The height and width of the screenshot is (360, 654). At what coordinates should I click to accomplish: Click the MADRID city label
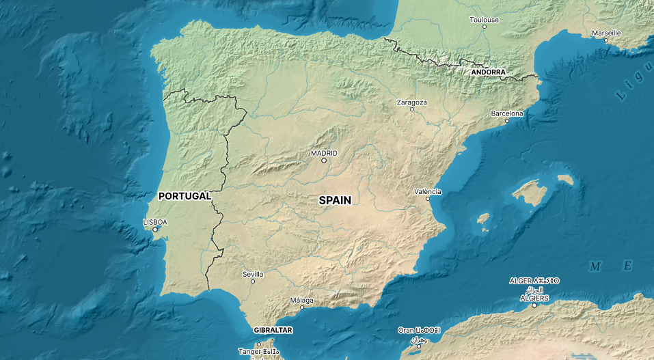tap(324, 153)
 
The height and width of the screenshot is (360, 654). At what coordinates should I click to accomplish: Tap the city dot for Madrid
tap(324, 161)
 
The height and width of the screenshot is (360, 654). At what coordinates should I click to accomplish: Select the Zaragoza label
tap(412, 102)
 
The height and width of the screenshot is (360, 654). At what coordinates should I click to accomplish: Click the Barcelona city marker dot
tap(507, 121)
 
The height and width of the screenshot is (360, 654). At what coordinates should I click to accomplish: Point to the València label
tap(428, 191)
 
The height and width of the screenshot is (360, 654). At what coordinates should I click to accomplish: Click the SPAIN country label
tap(335, 200)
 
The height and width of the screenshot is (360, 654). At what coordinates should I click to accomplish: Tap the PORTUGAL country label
tap(185, 196)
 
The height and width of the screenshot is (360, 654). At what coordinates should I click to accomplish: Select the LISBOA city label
tap(155, 222)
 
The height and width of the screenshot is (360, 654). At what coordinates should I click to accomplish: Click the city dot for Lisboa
tap(155, 230)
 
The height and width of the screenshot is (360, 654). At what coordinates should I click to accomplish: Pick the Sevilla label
tap(253, 274)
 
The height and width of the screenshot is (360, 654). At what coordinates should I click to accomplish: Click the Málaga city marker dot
tap(301, 307)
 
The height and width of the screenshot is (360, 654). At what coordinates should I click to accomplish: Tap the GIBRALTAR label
tap(273, 330)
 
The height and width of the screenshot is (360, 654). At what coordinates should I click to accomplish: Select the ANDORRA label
tap(488, 72)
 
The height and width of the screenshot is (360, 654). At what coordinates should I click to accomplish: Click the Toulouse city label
tap(484, 20)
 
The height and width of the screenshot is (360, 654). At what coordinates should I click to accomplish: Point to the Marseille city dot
tap(605, 40)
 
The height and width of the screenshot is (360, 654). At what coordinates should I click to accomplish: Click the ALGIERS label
tap(534, 298)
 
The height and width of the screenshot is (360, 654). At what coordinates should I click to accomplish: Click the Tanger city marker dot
tap(259, 344)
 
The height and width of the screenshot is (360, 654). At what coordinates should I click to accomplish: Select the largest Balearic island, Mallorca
tap(528, 193)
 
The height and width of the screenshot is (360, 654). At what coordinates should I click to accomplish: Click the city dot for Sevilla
tap(253, 281)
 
